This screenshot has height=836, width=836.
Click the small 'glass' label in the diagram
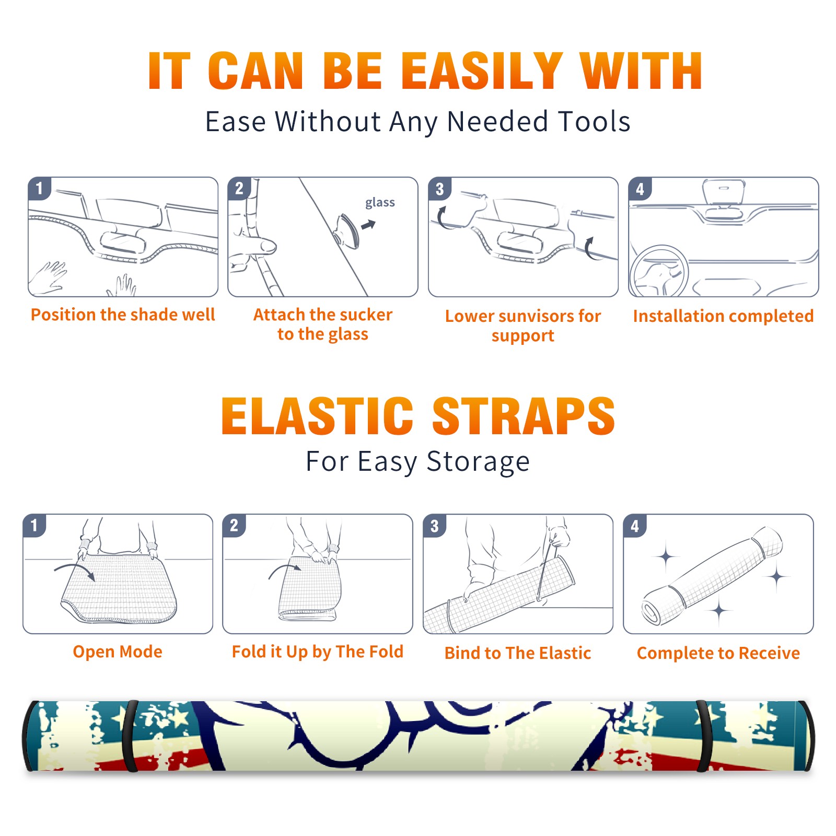point(380,203)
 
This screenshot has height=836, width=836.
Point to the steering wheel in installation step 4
point(659,271)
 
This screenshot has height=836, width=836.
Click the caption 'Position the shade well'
point(123,315)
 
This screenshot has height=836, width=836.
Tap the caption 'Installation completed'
point(723,316)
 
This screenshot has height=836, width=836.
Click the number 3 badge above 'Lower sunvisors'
point(440,189)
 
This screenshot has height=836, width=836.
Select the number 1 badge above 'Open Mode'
point(34,525)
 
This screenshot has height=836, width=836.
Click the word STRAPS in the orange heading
point(524,416)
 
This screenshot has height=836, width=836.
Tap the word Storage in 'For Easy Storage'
point(478,462)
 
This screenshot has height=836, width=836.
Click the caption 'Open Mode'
point(118,652)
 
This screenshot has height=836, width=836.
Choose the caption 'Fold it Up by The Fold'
point(318,652)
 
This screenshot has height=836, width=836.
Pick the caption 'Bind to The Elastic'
point(518,653)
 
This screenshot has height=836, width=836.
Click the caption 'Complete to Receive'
point(718,653)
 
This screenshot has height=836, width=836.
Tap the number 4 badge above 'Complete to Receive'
point(635,526)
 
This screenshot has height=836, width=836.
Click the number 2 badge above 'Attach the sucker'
point(239,189)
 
